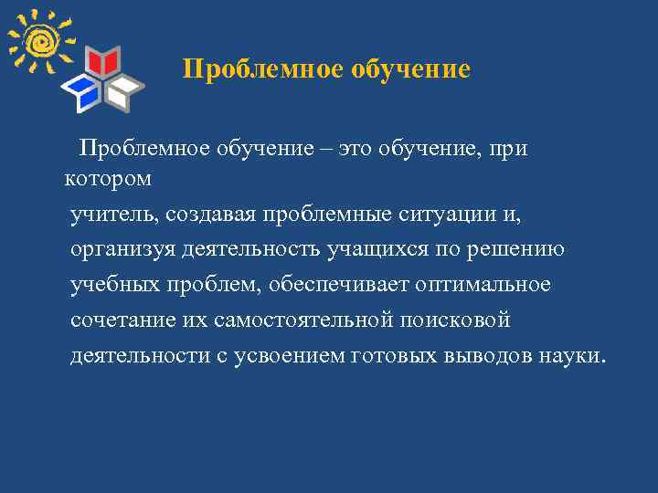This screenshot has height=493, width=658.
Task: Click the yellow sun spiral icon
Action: click(39, 41)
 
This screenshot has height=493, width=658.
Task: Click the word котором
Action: click(109, 179)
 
